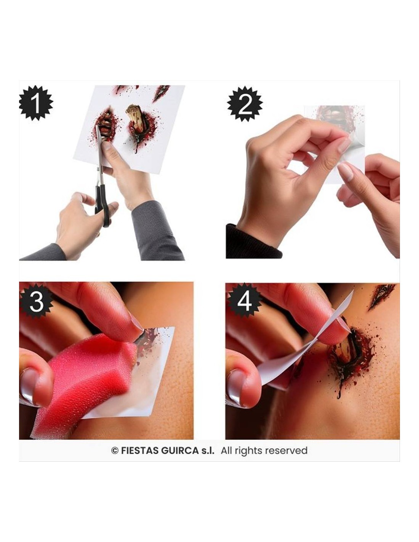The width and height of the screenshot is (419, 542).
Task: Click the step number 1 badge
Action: point(36,103)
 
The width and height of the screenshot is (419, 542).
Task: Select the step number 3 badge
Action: point(37,302)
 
